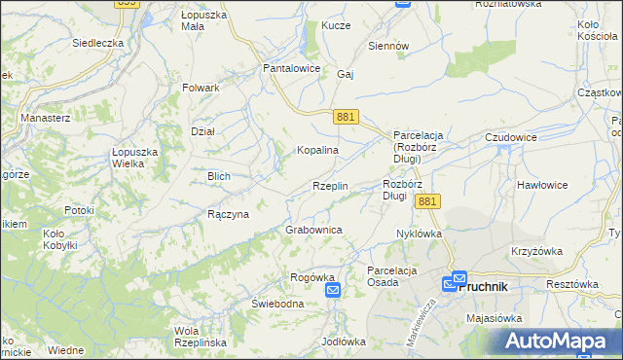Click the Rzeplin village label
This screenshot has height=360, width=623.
(x=330, y=186)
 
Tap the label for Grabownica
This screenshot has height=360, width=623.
(x=313, y=230)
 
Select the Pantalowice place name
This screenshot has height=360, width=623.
(x=293, y=69)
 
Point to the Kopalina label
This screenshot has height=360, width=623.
(x=317, y=151)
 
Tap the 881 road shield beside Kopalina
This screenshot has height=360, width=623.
(x=346, y=117)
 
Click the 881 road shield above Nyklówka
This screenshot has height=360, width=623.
(x=428, y=200)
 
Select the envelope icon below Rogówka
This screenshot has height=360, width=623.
(x=333, y=291)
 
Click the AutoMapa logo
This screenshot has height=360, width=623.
(x=561, y=342)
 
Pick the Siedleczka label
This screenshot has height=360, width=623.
(x=97, y=44)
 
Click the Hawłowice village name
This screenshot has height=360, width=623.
(x=543, y=185)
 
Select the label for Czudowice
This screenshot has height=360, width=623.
(x=511, y=138)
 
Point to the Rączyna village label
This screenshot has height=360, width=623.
(x=229, y=214)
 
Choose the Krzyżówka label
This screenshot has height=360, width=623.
(x=536, y=251)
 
